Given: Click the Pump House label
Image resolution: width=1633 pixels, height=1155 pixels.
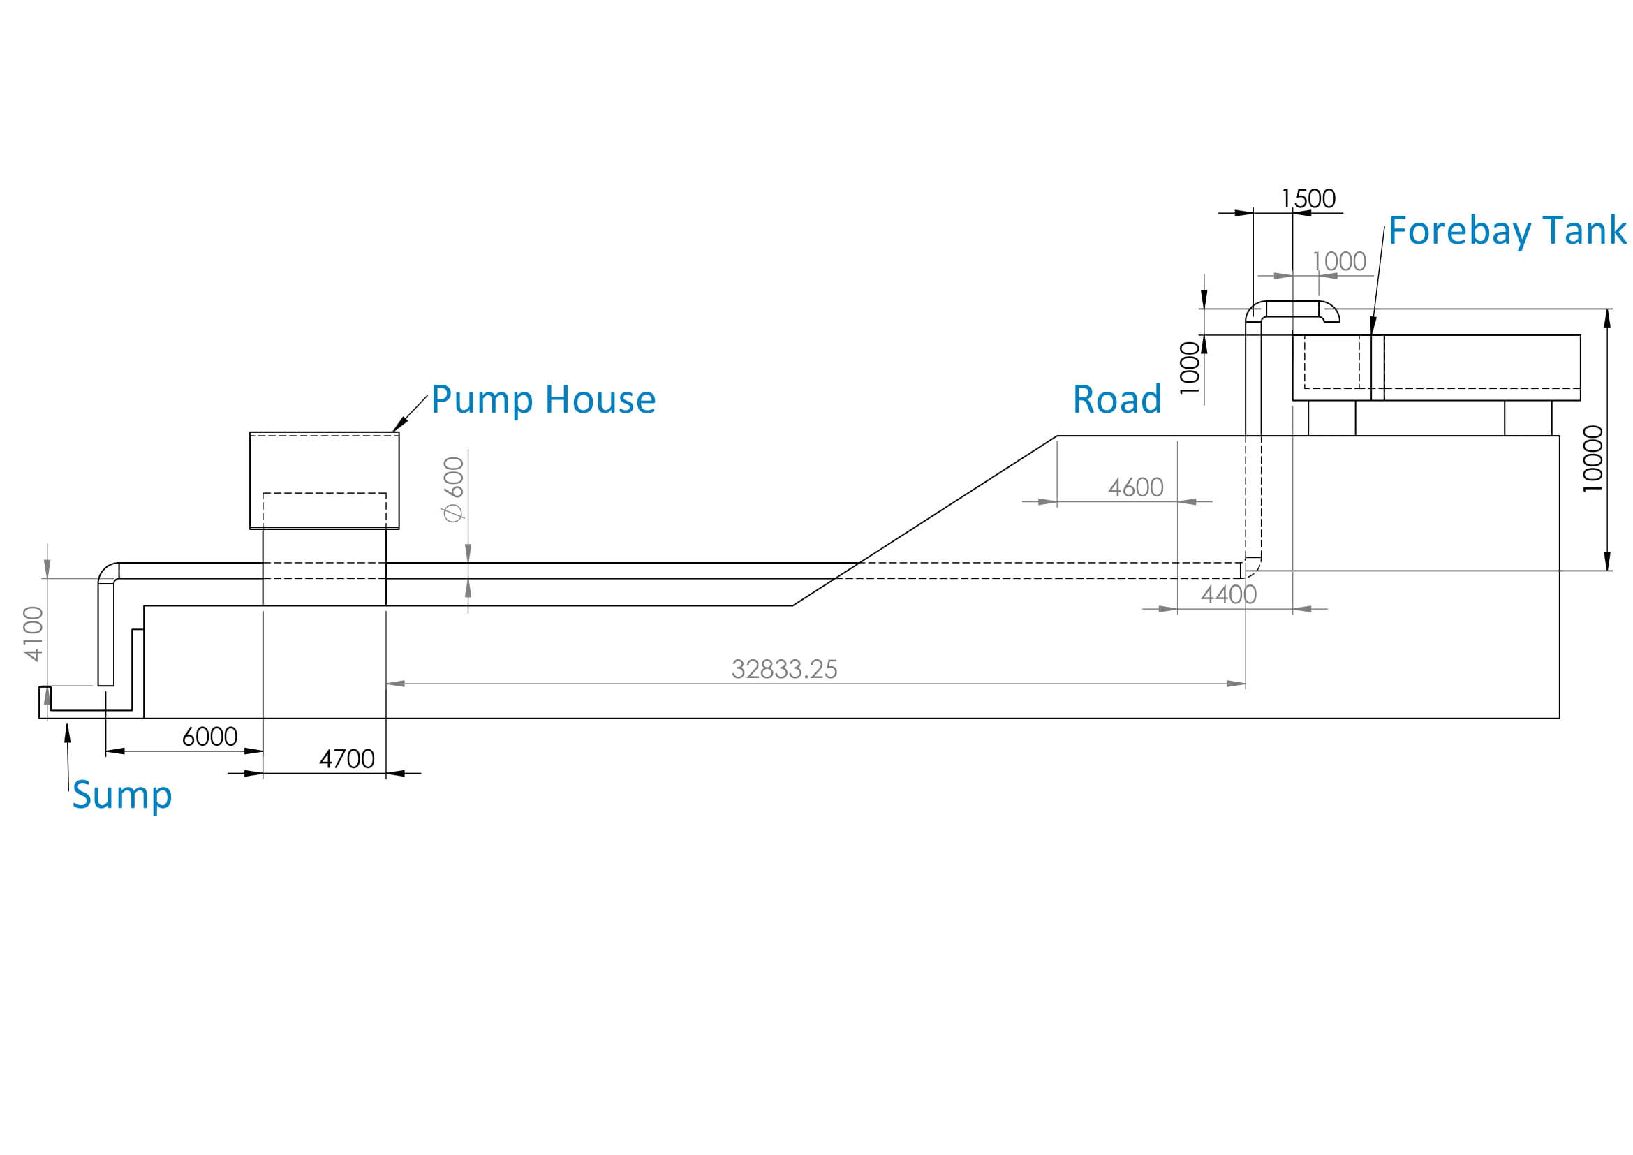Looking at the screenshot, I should point(542,399).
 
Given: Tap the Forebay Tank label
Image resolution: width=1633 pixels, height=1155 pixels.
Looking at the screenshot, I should point(1507,231).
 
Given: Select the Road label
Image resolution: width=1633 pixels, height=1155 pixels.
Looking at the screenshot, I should point(1116,399).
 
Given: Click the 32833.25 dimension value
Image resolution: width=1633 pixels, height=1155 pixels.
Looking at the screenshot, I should point(785,669).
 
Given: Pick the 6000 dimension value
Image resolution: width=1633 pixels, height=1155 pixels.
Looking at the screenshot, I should point(210,737).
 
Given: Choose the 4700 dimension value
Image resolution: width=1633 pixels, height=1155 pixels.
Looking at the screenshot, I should point(347,760).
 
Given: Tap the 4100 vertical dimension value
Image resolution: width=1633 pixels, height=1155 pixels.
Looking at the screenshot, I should point(34,633).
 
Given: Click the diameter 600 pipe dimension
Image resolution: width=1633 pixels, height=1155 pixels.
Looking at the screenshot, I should point(453,490).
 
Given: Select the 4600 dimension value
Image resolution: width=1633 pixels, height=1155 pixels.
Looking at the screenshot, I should point(1136,488).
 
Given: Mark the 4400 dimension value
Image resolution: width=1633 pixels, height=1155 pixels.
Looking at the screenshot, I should point(1229,594).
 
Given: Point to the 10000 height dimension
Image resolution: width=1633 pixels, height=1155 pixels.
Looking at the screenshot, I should point(1593,459).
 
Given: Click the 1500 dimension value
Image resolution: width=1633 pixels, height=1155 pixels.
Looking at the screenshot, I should point(1308,198).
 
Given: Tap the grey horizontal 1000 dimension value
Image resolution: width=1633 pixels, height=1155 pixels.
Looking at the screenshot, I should point(1339,262).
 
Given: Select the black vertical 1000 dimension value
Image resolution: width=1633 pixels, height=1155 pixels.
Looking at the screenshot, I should point(1190,368).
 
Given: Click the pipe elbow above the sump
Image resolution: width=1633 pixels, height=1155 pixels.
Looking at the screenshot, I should point(108,573).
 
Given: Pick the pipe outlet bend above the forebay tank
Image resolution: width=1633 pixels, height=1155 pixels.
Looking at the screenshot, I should point(1329,311).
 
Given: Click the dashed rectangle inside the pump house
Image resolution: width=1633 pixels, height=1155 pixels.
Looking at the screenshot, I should point(325,509).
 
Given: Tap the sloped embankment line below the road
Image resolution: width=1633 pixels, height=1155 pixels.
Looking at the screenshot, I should point(924,521).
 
